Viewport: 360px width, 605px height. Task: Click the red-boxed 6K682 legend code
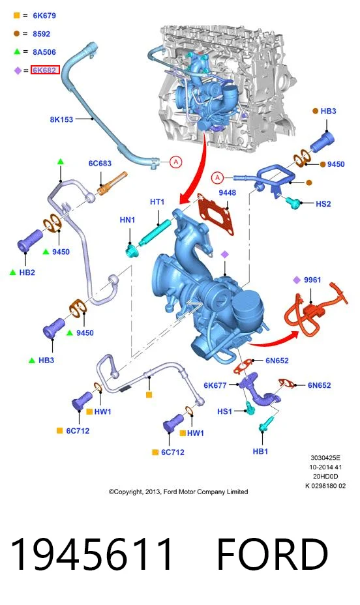coord(45,70)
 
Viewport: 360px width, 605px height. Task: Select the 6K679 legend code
coord(44,16)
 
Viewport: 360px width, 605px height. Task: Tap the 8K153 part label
coord(61,119)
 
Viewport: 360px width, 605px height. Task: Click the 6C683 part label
coord(100,163)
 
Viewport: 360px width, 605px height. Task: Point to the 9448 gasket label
coord(227,192)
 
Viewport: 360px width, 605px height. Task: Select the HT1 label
coord(157,202)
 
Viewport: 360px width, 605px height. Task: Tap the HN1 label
coord(127,220)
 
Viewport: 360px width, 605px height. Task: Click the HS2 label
coord(323,203)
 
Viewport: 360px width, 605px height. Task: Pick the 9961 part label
coord(312,280)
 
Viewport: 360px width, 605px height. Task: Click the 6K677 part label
coord(215,385)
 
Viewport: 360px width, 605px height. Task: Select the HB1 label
coord(260,451)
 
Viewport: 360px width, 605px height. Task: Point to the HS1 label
coord(224,411)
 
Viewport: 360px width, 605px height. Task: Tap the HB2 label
coord(27,273)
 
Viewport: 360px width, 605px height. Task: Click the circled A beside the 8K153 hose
coord(176,162)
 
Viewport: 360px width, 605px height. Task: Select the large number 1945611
coord(91,553)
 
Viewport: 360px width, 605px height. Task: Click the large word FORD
coord(273,553)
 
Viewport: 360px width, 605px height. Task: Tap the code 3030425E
coord(325,458)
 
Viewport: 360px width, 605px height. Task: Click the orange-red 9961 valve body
coord(312,311)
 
